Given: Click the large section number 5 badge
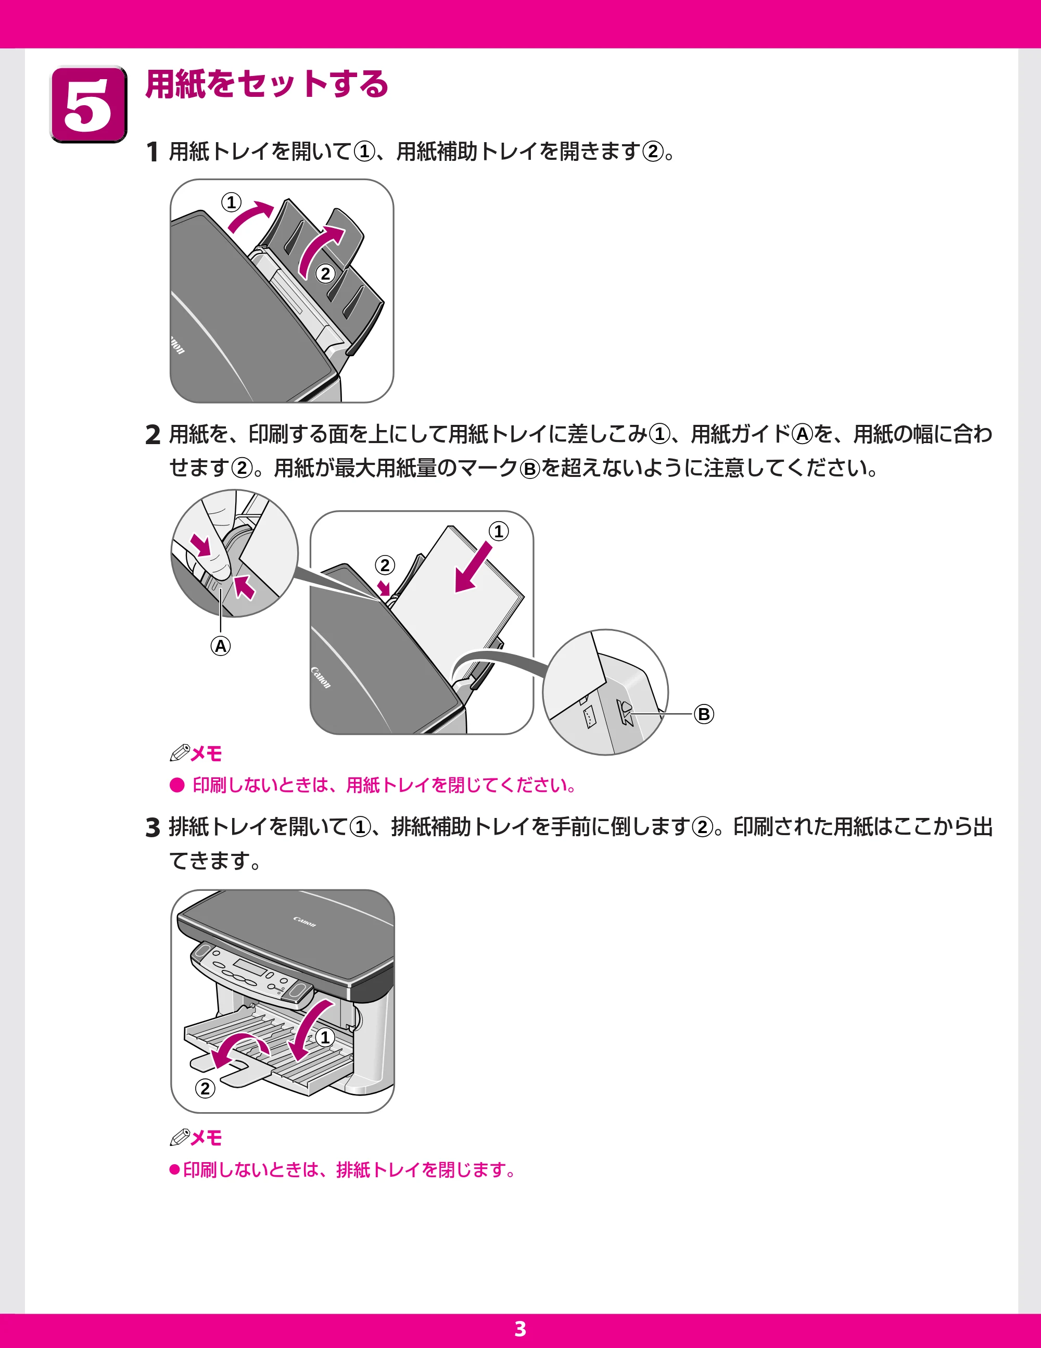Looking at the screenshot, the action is pyautogui.click(x=88, y=104).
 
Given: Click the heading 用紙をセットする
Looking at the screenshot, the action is pyautogui.click(x=266, y=84).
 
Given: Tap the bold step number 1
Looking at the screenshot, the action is pyautogui.click(x=153, y=152).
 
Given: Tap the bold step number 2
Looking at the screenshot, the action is pyautogui.click(x=153, y=435).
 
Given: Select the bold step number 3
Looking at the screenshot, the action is pyautogui.click(x=153, y=828).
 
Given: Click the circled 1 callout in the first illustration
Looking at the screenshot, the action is pyautogui.click(x=232, y=202).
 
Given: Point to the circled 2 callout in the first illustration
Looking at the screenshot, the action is pyautogui.click(x=325, y=273).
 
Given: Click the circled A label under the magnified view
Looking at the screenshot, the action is pyautogui.click(x=220, y=646).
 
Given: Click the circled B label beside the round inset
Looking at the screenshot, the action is pyautogui.click(x=704, y=714).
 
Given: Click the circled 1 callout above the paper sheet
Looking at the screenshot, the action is pyautogui.click(x=499, y=531).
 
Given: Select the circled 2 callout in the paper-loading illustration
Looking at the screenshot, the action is pyautogui.click(x=385, y=565).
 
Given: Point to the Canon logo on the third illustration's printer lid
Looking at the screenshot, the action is pyautogui.click(x=304, y=922).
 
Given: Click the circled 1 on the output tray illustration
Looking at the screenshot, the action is pyautogui.click(x=325, y=1038).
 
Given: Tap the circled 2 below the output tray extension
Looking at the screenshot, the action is pyautogui.click(x=205, y=1088).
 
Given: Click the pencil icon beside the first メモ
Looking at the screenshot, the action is pyautogui.click(x=180, y=753).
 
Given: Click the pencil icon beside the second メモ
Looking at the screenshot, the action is pyautogui.click(x=180, y=1137).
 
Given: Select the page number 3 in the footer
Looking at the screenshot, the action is pyautogui.click(x=520, y=1329).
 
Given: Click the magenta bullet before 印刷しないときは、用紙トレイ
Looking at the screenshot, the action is pyautogui.click(x=177, y=785).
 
